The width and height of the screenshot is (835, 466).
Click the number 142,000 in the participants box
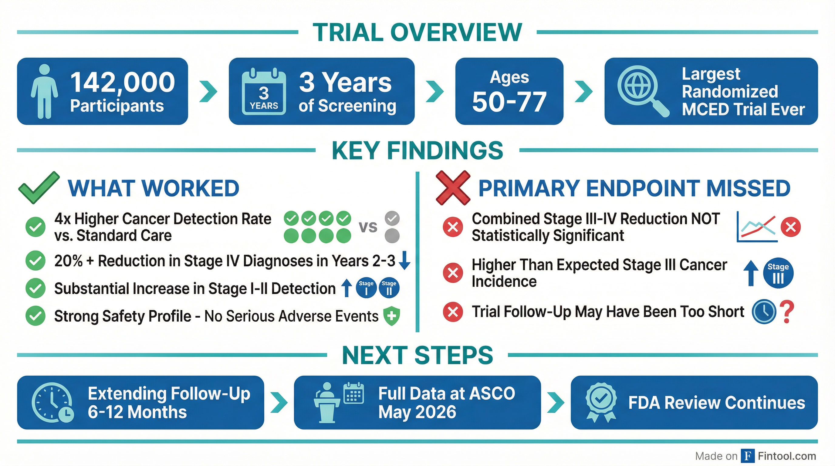[123, 82]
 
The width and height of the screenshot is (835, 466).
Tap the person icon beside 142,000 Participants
[44, 91]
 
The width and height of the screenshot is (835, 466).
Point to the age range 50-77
[509, 102]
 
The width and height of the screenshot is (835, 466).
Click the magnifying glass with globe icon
[641, 90]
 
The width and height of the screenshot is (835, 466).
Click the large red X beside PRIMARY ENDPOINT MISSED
[452, 187]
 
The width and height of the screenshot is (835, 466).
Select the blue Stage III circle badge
[778, 273]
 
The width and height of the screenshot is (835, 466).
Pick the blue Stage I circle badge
[366, 288]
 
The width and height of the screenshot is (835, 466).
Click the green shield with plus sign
[392, 316]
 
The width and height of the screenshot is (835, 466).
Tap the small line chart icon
[756, 227]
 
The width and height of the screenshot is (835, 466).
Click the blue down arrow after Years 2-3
[404, 261]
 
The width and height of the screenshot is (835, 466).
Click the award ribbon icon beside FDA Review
[601, 403]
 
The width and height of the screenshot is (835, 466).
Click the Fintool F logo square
[748, 456]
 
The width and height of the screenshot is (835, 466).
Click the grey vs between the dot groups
[368, 227]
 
